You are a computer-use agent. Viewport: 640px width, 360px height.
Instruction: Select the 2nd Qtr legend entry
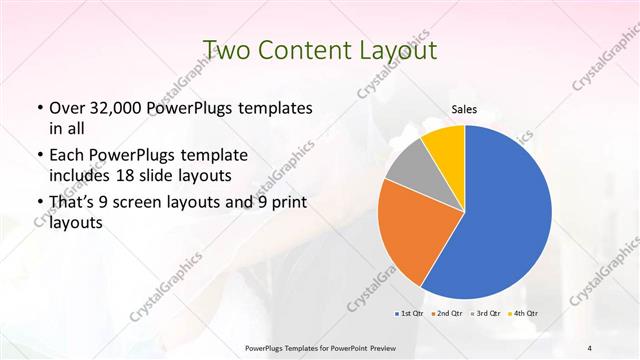point(446,314)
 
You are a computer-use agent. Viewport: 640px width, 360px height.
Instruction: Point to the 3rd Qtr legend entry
point(485,314)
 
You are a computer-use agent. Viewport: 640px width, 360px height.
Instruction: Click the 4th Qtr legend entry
point(524,314)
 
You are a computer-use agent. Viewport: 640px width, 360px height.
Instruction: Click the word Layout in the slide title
point(394,49)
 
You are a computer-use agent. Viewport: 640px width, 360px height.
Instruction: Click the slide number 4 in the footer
point(590,346)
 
